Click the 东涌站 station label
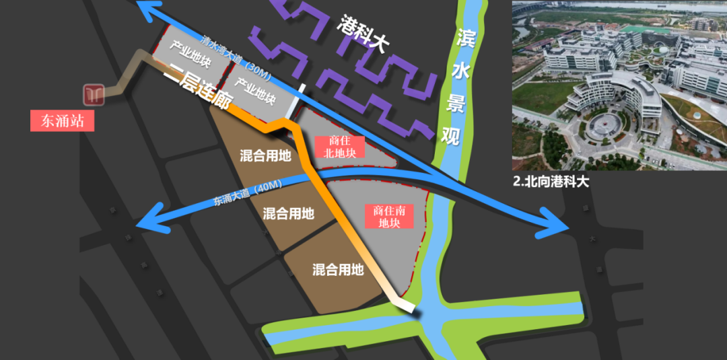[x=61, y=121]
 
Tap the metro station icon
[x=94, y=95]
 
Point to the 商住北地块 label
[x=339, y=147]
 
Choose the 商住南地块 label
[x=389, y=216]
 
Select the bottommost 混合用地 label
[x=338, y=270]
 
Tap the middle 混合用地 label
[x=288, y=214]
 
